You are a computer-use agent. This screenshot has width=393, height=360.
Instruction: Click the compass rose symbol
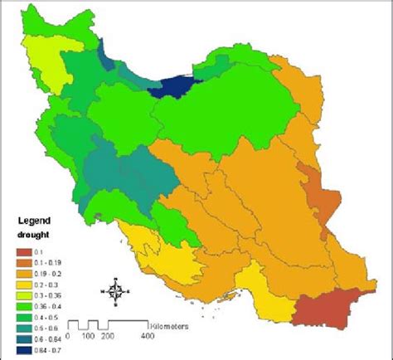pos(117,290)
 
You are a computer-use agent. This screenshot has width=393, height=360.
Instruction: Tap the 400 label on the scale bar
pos(148,337)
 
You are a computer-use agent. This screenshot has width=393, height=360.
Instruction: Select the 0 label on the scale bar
pos(68,337)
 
